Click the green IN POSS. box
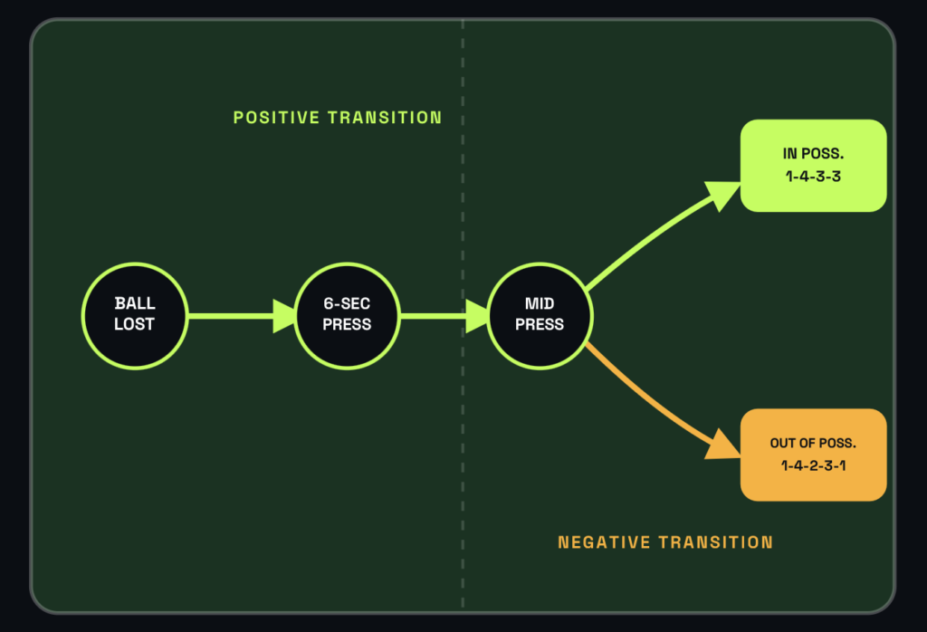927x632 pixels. point(813,166)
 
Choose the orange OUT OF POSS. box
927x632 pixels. point(813,455)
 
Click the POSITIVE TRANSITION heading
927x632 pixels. point(338,118)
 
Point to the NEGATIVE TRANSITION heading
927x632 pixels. point(665,542)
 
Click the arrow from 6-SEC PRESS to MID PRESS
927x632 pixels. point(444,316)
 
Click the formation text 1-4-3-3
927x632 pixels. point(813,177)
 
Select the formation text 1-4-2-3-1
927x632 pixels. point(813,466)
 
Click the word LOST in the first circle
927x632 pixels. point(134,324)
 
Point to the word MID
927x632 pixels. point(540,303)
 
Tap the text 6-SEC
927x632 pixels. point(347,303)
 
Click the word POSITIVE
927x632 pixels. point(277,118)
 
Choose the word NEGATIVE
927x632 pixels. point(604,542)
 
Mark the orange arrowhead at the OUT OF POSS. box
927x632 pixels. point(722,445)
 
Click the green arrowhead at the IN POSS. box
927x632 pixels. point(722,195)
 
